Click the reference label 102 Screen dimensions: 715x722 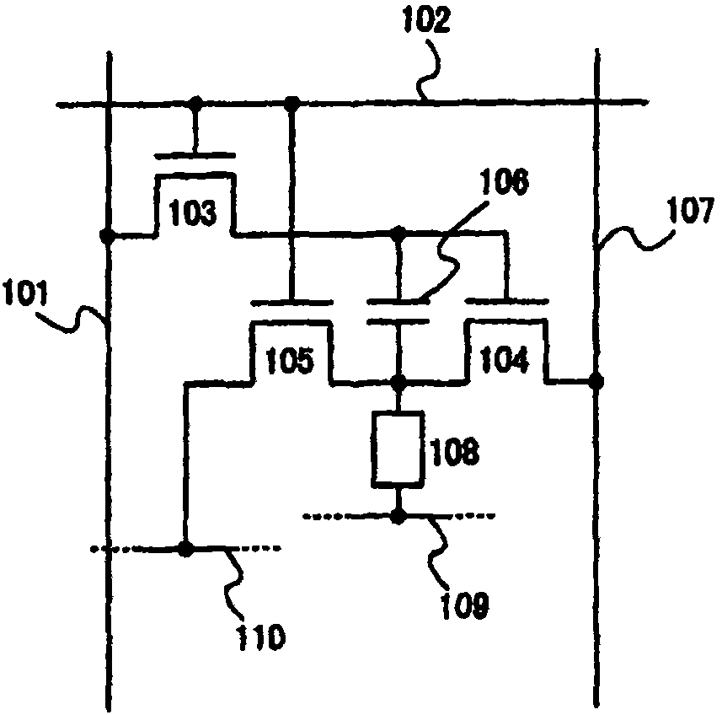pyautogui.click(x=423, y=19)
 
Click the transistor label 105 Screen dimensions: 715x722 pyautogui.click(x=290, y=361)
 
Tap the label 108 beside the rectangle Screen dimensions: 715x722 pyautogui.click(x=455, y=452)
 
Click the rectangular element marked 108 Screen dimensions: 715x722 pyautogui.click(x=398, y=449)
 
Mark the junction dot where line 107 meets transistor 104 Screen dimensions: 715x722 pyautogui.click(x=596, y=381)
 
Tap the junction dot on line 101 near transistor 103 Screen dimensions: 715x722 pyautogui.click(x=108, y=236)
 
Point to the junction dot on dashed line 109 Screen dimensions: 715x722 pyautogui.click(x=399, y=515)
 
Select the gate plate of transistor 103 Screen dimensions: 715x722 pyautogui.click(x=194, y=155)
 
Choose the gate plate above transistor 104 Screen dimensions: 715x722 pyautogui.click(x=505, y=299)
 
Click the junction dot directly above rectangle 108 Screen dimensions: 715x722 pyautogui.click(x=399, y=384)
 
